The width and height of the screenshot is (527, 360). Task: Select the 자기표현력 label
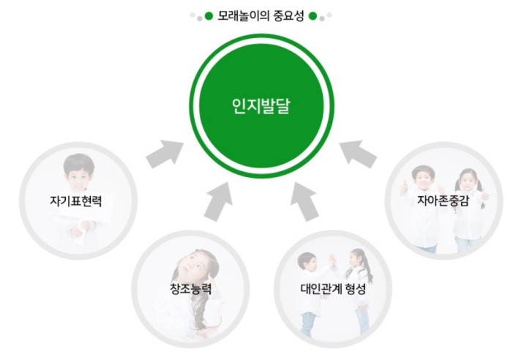(78, 199)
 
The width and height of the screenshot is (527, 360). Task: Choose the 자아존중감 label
(442, 199)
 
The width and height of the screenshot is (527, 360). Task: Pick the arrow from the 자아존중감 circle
(359, 151)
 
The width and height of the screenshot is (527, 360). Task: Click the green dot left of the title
(209, 15)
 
